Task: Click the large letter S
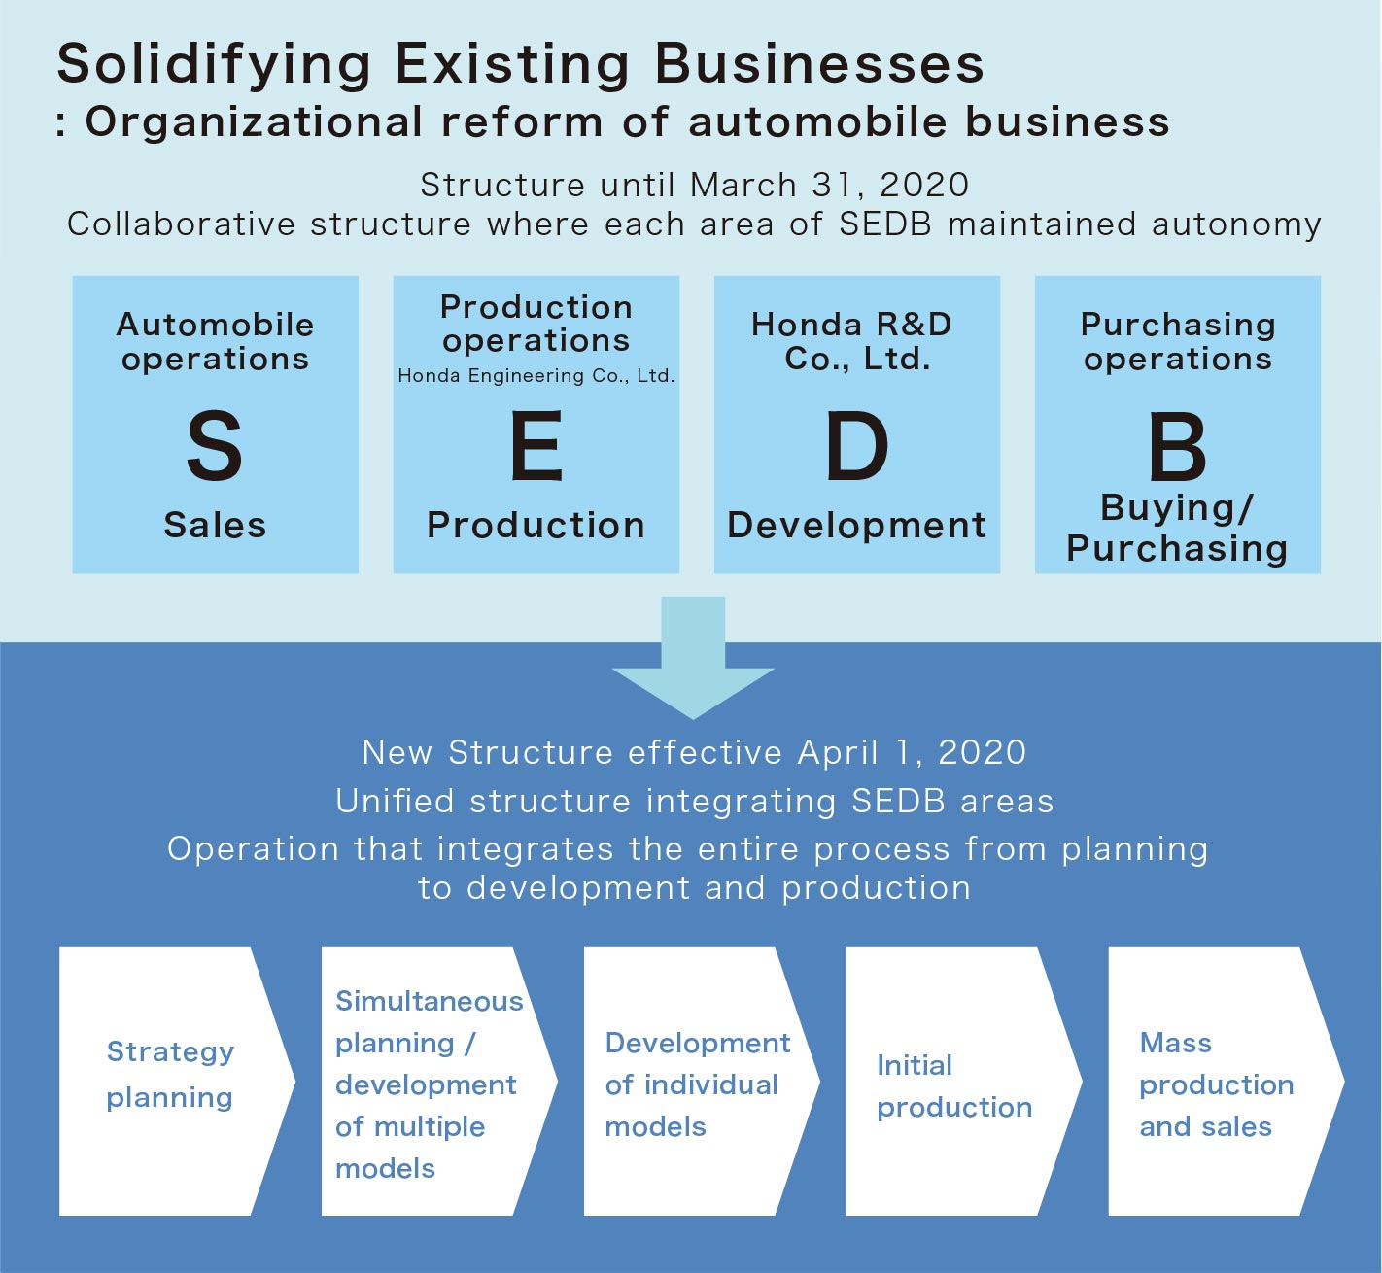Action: click(x=214, y=446)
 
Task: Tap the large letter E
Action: click(x=536, y=446)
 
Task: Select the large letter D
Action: click(x=856, y=446)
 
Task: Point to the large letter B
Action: click(x=1177, y=446)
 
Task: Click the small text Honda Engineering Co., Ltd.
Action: click(x=536, y=376)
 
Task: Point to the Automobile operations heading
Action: click(x=215, y=341)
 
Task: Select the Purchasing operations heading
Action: click(x=1178, y=341)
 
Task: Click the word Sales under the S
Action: click(x=215, y=525)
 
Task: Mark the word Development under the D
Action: click(x=856, y=525)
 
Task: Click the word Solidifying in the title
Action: click(x=214, y=65)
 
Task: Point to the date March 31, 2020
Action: click(x=830, y=185)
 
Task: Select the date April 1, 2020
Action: click(x=912, y=752)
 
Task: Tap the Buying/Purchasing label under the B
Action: click(x=1177, y=528)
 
